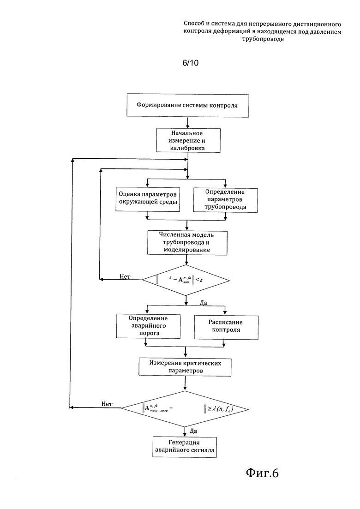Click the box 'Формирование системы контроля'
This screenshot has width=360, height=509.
tap(188, 106)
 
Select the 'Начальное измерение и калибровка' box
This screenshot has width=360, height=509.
tap(188, 141)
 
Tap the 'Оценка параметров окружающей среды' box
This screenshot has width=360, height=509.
tap(148, 199)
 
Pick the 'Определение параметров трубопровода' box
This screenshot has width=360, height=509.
tap(225, 200)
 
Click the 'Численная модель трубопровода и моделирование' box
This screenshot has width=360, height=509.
tap(187, 243)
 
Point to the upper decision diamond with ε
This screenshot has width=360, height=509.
tap(186, 280)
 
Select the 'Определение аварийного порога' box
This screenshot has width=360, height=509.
tap(148, 326)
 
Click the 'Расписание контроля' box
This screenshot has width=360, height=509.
tap(226, 327)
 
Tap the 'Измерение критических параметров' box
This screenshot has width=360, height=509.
tap(185, 367)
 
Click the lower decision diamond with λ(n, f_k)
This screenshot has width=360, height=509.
tap(185, 409)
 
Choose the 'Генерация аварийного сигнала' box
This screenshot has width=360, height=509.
tap(184, 447)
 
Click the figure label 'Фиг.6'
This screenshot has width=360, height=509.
tap(262, 473)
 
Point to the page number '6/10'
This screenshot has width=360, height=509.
tap(191, 63)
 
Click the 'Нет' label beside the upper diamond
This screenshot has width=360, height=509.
tap(125, 276)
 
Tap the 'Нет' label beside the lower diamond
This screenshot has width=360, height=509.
tap(107, 404)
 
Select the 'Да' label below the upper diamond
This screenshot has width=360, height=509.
tap(203, 303)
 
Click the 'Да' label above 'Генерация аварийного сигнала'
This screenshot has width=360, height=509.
tap(193, 431)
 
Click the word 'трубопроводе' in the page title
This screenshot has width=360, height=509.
tap(263, 39)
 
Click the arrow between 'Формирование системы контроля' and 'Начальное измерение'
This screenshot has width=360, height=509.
tap(188, 123)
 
